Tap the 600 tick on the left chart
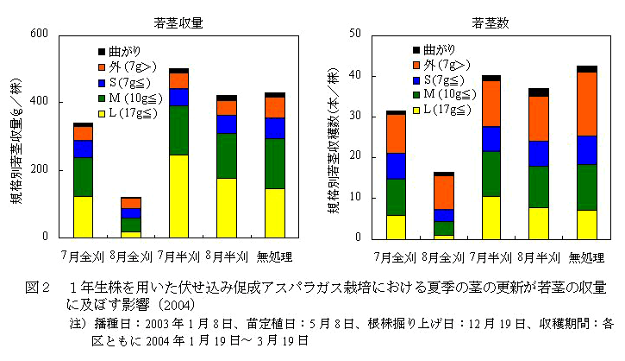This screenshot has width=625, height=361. coord(37,35)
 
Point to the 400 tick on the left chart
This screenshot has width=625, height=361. coord(37,103)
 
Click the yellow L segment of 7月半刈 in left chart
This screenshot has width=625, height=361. coord(178,195)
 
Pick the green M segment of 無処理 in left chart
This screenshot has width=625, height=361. coord(275,163)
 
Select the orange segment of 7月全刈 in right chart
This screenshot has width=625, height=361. coord(396,134)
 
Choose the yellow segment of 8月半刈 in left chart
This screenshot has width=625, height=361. coord(227,207)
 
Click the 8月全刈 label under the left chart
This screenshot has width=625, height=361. coord(130,256)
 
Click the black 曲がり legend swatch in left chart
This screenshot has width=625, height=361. coord(102,53)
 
